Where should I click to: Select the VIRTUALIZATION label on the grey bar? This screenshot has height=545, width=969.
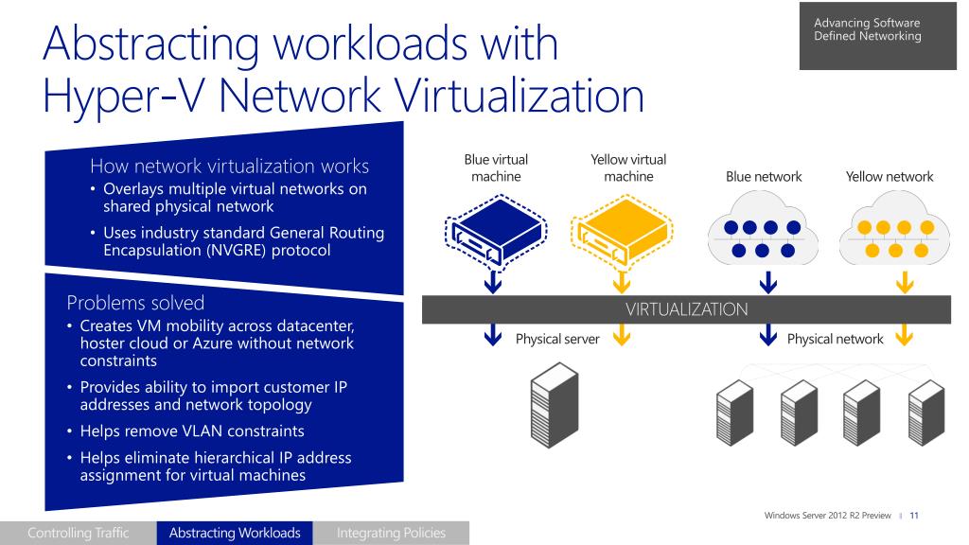(685, 308)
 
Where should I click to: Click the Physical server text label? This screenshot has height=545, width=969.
(557, 339)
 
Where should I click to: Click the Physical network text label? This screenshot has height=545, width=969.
(835, 339)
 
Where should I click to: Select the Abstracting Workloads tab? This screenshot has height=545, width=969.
(235, 533)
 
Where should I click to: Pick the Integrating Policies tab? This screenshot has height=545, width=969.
(391, 533)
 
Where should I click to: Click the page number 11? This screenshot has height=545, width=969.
(915, 515)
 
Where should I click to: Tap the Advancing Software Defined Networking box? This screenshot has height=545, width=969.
(872, 34)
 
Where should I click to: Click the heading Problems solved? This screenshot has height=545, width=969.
(135, 303)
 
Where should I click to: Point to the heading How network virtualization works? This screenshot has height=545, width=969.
(229, 167)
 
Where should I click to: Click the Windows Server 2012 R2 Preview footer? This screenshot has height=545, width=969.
(828, 515)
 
